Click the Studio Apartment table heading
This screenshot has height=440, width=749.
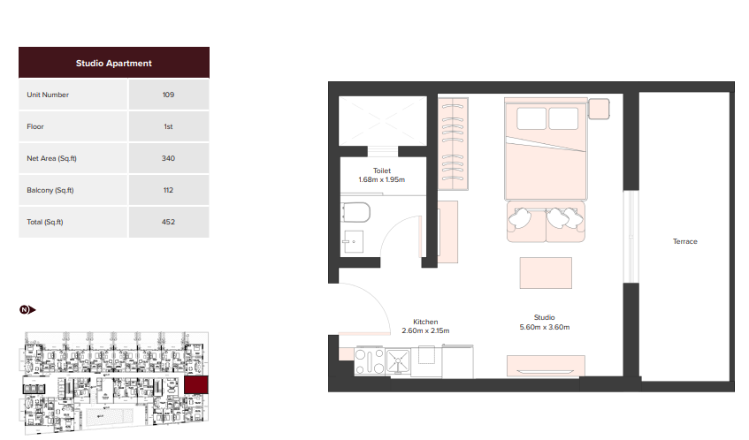pos(114,63)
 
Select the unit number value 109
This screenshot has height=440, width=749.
pos(168,95)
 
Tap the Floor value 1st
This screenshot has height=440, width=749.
pos(168,126)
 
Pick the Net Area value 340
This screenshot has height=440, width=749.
pos(168,158)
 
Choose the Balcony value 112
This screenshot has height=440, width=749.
pos(168,190)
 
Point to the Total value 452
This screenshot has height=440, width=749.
pos(168,222)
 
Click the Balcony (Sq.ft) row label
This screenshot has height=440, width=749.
pos(50,190)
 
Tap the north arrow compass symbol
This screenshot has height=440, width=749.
pos(27,310)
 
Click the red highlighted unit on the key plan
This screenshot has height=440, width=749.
pos(195,384)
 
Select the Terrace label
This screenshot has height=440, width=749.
pos(685,241)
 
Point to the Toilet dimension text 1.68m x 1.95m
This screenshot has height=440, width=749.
pos(382,179)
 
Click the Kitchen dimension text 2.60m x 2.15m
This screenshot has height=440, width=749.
pos(425,330)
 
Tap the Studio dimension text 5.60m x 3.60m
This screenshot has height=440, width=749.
pos(545,327)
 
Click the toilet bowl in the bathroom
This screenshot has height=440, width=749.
pos(355,213)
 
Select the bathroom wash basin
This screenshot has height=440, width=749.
pos(353,241)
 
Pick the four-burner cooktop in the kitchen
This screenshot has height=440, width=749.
pos(370,360)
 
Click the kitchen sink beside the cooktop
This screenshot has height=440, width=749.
pos(398,361)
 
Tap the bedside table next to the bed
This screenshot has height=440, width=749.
pos(599,109)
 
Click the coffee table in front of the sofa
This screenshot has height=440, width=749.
pos(546,273)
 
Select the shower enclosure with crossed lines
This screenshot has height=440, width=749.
pos(383,121)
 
